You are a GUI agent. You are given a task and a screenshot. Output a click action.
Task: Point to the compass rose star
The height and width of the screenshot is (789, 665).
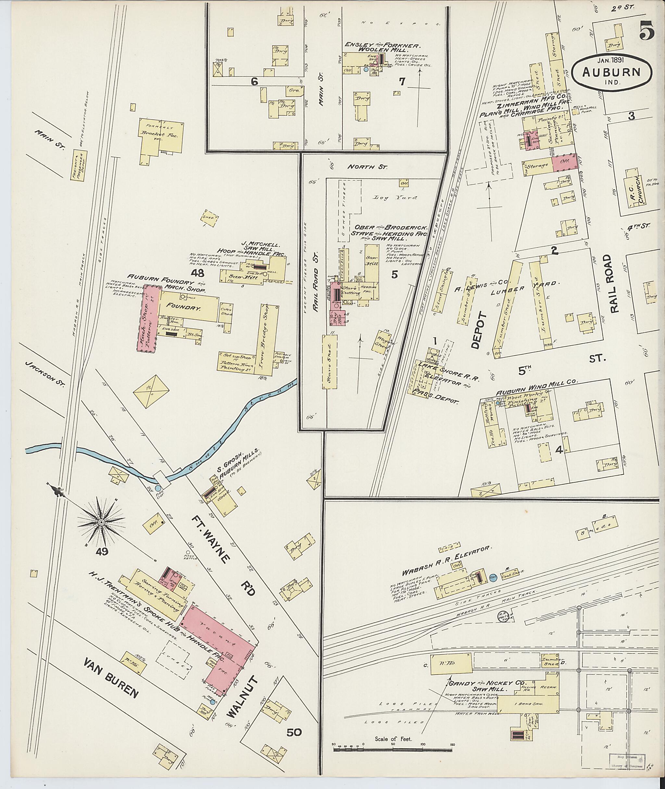[x=101, y=522]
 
